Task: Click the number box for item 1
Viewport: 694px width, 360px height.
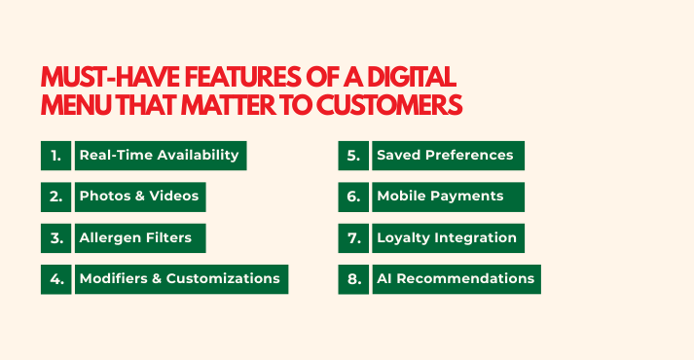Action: point(55,156)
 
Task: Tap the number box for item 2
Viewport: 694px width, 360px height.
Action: point(55,197)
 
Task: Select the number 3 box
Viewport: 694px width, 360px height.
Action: point(55,237)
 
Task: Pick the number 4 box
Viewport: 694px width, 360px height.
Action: point(55,278)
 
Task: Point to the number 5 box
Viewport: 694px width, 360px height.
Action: point(352,156)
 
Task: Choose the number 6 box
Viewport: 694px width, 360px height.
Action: point(352,197)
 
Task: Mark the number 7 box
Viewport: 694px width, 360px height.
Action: point(352,237)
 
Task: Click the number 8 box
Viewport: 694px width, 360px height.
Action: point(352,278)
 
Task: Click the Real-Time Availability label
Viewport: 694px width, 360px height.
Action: point(160,156)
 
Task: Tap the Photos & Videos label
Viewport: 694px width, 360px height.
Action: point(139,197)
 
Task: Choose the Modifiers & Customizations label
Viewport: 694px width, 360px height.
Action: point(180,278)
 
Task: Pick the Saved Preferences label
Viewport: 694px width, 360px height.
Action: point(447,156)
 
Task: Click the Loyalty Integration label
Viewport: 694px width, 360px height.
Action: point(447,237)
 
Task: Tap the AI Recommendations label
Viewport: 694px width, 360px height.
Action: point(455,278)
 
